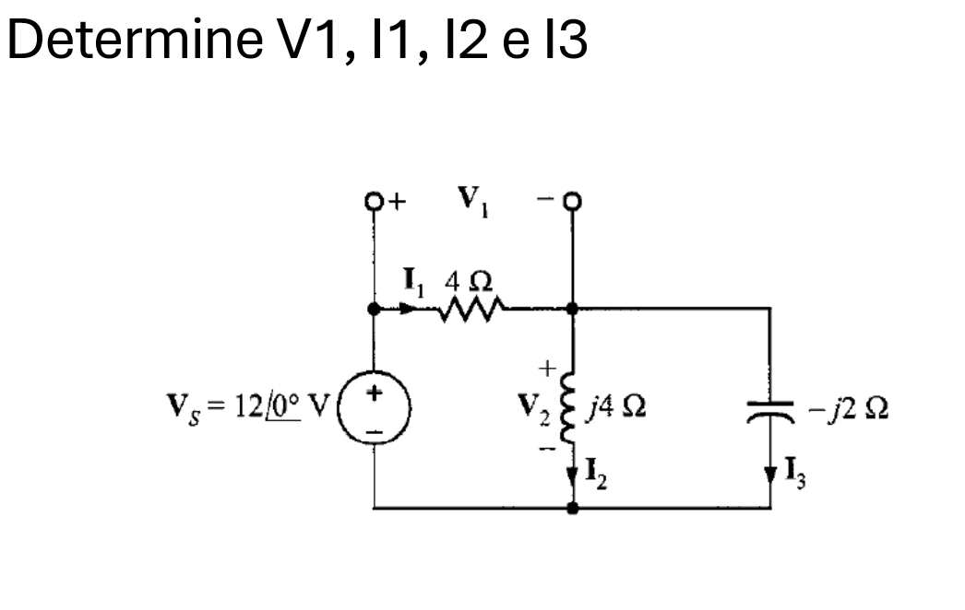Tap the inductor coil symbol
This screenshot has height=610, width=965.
[572, 406]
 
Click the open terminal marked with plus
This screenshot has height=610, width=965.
[374, 200]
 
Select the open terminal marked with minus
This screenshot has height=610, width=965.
[573, 200]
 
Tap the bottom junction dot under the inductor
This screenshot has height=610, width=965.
[572, 508]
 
